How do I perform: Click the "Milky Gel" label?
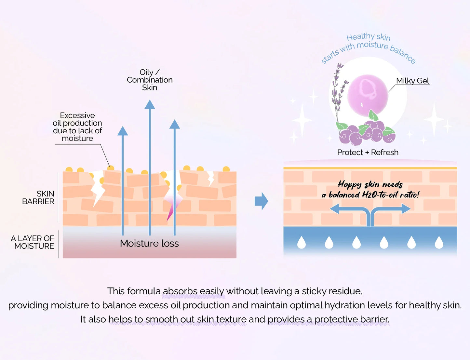coord(412,81)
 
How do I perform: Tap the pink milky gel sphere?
coord(368,95)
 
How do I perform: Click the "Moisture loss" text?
coord(149,243)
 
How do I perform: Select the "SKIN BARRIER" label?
coord(38,197)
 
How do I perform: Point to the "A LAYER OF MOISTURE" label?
coord(33,242)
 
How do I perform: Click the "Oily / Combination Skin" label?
coord(150,80)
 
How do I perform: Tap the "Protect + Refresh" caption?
coord(368,152)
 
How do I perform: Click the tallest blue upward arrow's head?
coord(150,105)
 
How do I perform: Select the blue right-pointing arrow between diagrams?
coord(261,201)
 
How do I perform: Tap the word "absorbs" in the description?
coord(180,291)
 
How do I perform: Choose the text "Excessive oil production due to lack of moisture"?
coord(77,127)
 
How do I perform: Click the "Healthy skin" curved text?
coord(368,37)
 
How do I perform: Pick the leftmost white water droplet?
coord(302,243)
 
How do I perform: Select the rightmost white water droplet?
coord(439,243)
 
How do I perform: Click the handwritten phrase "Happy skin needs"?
coord(370,185)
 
